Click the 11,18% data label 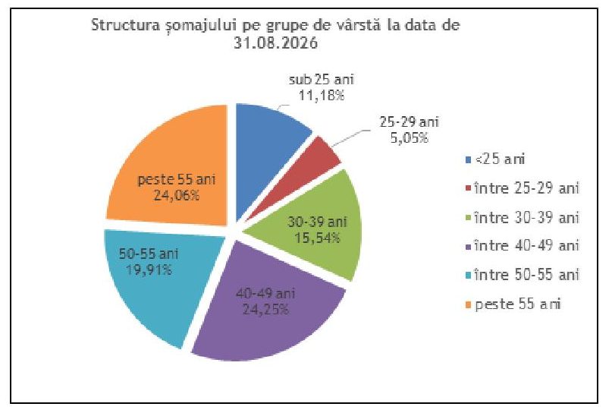[322, 96]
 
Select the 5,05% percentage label [410, 137]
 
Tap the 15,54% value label [317, 238]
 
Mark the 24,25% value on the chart [265, 310]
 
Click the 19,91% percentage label [149, 270]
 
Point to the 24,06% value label [177, 195]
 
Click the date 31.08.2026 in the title [275, 43]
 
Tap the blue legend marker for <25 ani [469, 159]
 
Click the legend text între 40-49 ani [526, 246]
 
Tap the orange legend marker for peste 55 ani [469, 304]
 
